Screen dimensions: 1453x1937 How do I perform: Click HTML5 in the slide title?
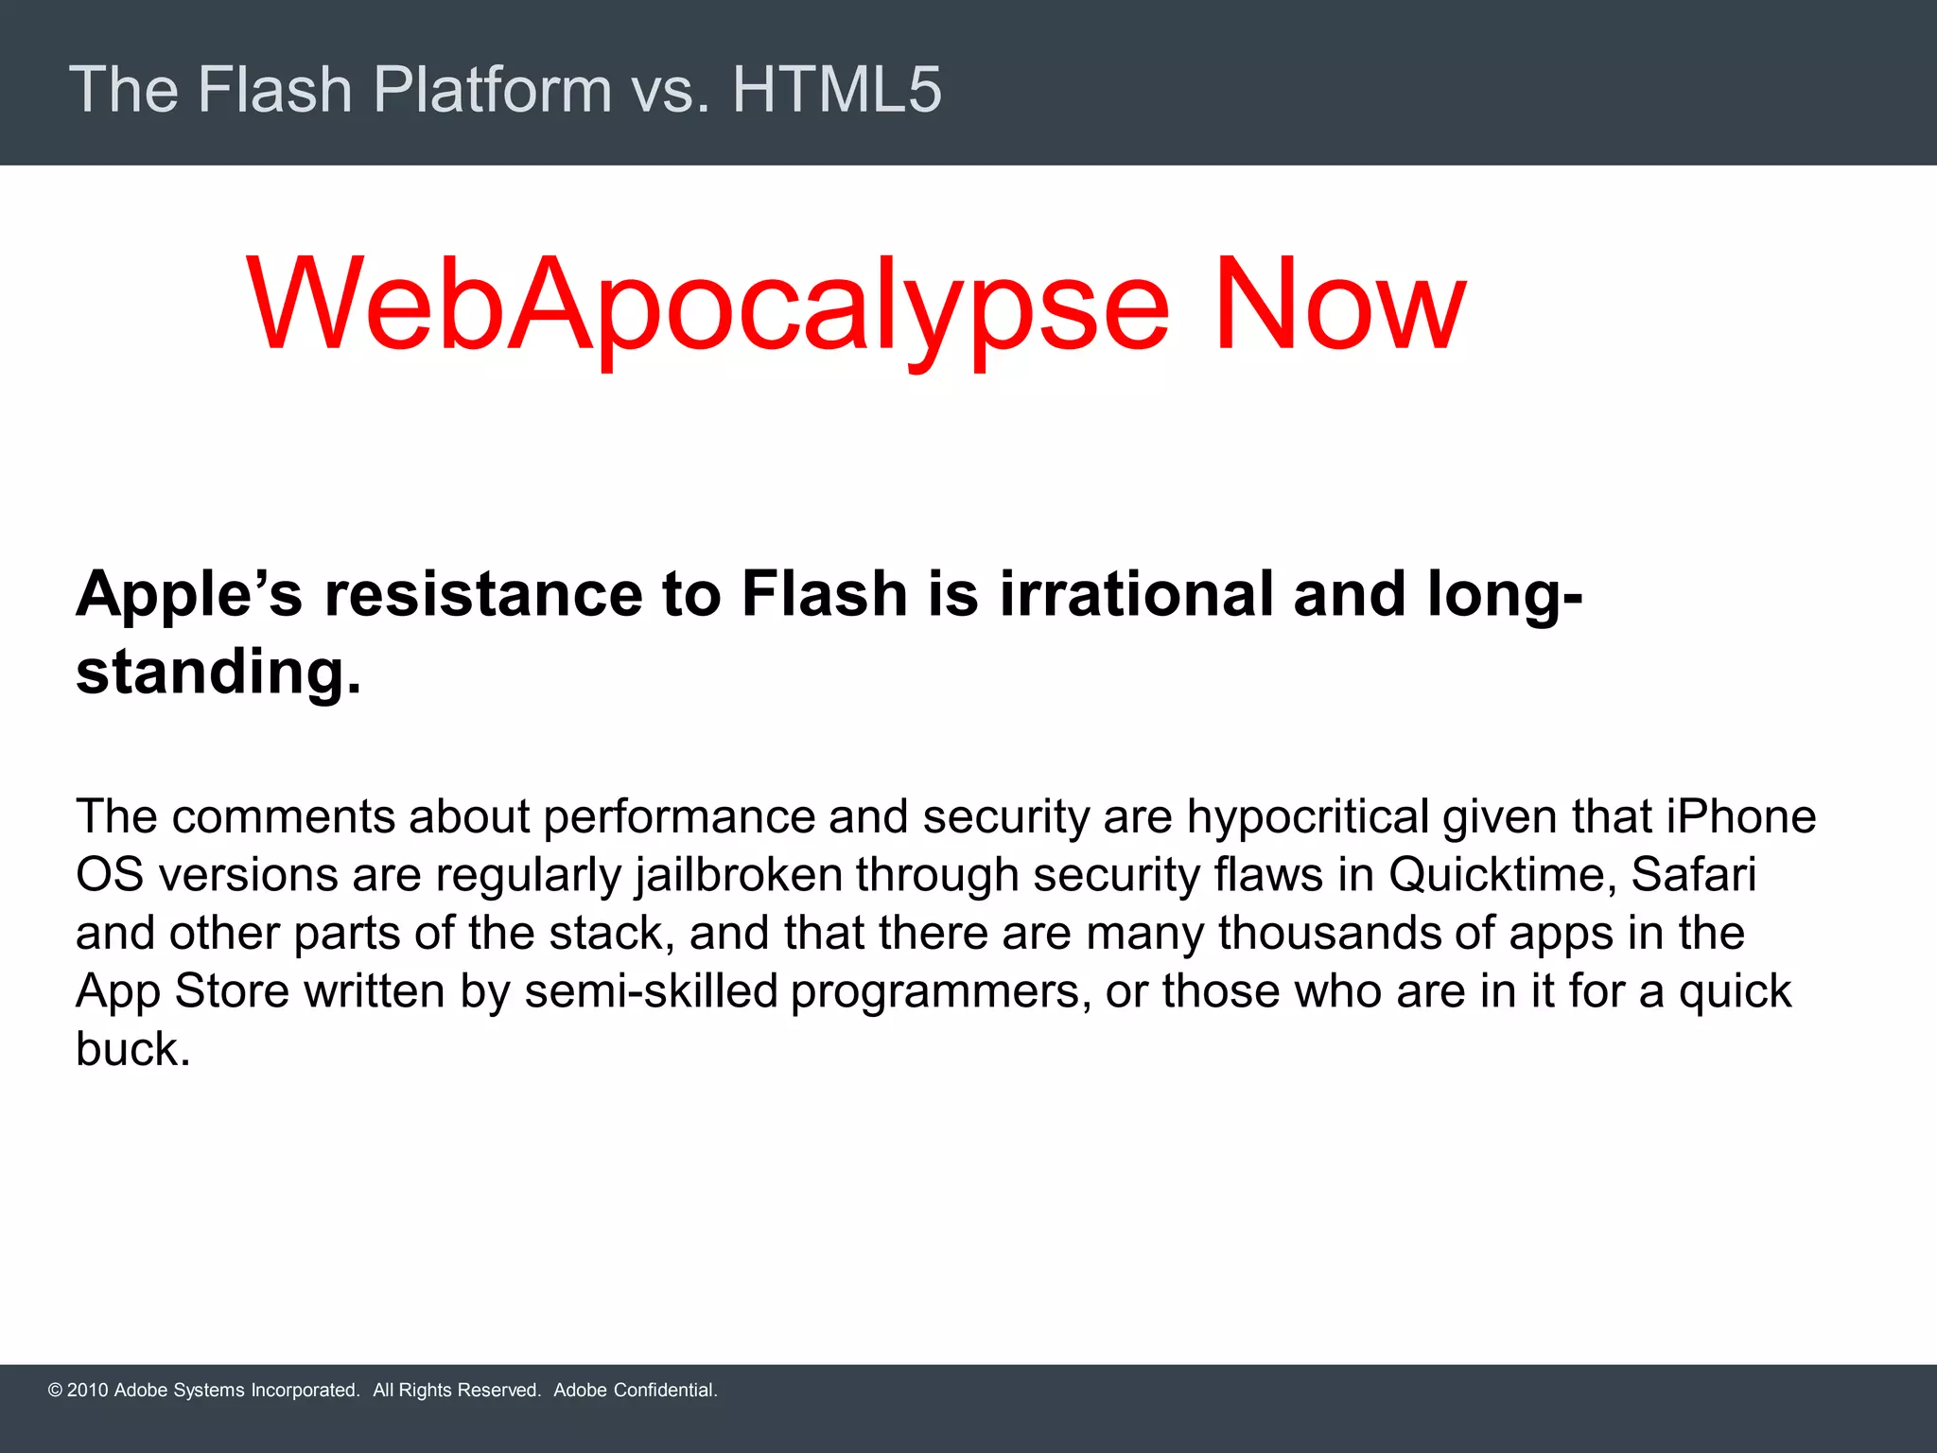(x=837, y=89)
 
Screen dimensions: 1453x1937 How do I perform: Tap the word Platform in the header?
(x=493, y=89)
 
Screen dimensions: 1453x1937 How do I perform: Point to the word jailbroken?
(x=739, y=875)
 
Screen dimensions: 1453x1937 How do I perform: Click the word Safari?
(x=1693, y=875)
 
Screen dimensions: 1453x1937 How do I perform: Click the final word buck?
(x=132, y=1049)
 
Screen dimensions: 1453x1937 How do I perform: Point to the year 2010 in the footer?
(x=88, y=1391)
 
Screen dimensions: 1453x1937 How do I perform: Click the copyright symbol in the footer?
(x=55, y=1391)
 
